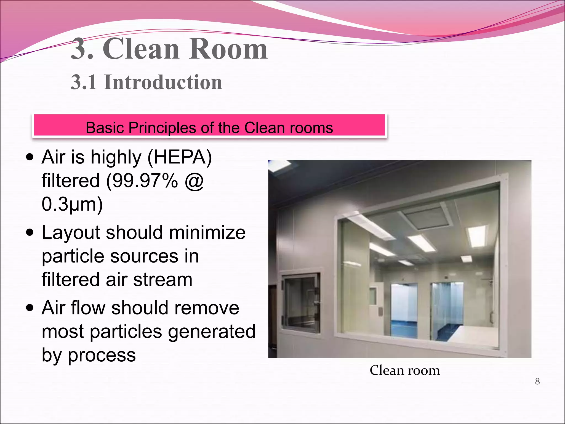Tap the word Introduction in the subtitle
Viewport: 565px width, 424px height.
[163, 82]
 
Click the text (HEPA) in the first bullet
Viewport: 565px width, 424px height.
[180, 157]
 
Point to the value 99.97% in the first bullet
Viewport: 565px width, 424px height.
[142, 181]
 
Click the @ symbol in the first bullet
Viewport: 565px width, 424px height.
[194, 181]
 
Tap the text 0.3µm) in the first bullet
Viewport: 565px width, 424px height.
[72, 204]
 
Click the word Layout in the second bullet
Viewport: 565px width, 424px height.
[71, 232]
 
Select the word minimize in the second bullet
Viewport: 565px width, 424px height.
[207, 232]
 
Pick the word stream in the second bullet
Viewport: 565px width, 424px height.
[163, 280]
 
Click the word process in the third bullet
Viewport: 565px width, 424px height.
[102, 355]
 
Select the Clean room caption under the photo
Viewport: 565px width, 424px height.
[405, 370]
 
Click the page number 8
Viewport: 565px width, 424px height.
[537, 381]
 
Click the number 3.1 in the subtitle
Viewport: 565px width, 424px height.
[84, 82]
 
